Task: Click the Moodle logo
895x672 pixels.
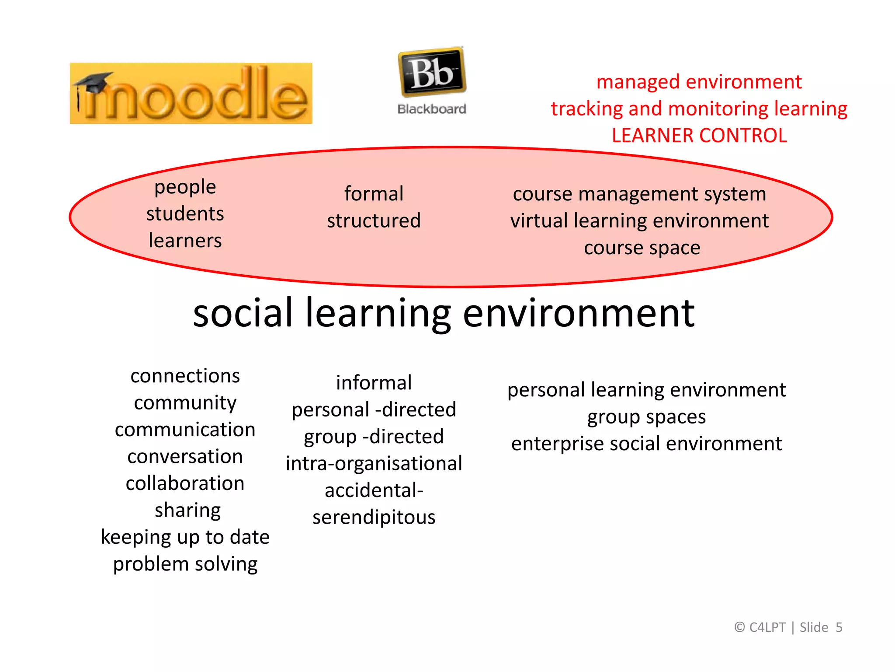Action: (x=191, y=94)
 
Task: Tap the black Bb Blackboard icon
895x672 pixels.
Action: (x=432, y=72)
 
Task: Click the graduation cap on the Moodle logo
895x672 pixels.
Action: (x=93, y=82)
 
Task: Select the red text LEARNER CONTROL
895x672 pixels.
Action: (x=699, y=136)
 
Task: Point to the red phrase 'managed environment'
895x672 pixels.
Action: (x=699, y=82)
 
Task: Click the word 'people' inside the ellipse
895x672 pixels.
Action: (x=185, y=187)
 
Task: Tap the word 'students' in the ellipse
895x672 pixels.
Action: (x=185, y=214)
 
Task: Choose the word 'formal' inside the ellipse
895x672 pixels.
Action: (x=374, y=194)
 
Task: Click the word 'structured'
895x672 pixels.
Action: (x=374, y=220)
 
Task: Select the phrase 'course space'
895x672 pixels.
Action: (x=642, y=248)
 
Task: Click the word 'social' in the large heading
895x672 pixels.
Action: (x=243, y=313)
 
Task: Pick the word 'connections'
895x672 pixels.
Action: (x=185, y=376)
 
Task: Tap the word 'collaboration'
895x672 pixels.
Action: (x=185, y=483)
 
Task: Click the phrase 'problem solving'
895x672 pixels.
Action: (x=185, y=564)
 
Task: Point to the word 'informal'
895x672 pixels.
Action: (x=374, y=383)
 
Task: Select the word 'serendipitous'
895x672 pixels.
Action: (x=374, y=518)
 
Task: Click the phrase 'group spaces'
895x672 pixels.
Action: (x=646, y=417)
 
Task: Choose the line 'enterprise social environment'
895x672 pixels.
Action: (x=646, y=444)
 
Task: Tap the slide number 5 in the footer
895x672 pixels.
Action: (x=839, y=627)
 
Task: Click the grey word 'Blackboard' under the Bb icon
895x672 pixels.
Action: (x=432, y=109)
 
